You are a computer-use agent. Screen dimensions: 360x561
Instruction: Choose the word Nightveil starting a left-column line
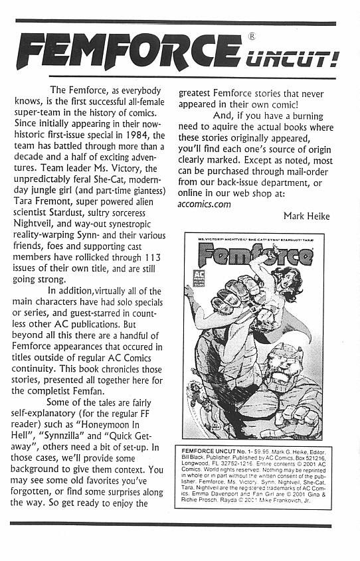pos(39,219)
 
